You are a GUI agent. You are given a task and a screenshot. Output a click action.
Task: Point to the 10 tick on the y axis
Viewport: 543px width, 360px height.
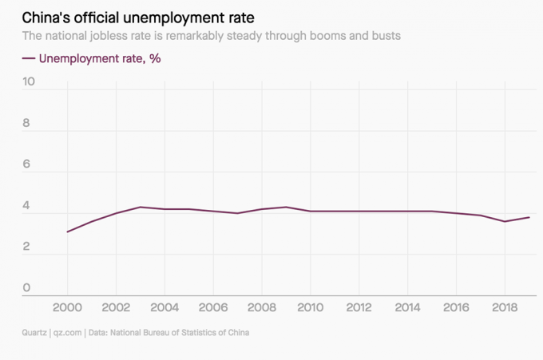click(x=29, y=82)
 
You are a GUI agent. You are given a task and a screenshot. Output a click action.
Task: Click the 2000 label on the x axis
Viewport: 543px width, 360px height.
click(x=67, y=308)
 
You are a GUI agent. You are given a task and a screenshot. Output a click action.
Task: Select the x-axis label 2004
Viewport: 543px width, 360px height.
click(x=164, y=308)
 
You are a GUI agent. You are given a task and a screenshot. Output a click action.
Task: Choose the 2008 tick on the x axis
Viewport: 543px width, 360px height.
click(x=261, y=308)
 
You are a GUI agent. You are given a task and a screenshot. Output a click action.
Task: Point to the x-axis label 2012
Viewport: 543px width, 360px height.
click(x=359, y=308)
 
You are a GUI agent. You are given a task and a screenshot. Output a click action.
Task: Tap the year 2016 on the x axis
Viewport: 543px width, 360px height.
click(x=456, y=308)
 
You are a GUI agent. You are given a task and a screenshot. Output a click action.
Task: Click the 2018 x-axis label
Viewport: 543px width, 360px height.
click(x=505, y=308)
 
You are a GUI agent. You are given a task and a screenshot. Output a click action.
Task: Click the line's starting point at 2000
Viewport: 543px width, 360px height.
click(x=67, y=231)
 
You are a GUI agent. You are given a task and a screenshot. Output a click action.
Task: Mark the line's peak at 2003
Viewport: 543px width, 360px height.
click(x=140, y=207)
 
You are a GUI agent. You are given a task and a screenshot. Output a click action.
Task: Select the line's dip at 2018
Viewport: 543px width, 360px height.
click(x=505, y=221)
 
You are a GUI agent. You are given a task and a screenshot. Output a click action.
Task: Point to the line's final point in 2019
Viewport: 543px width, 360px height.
click(x=529, y=217)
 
